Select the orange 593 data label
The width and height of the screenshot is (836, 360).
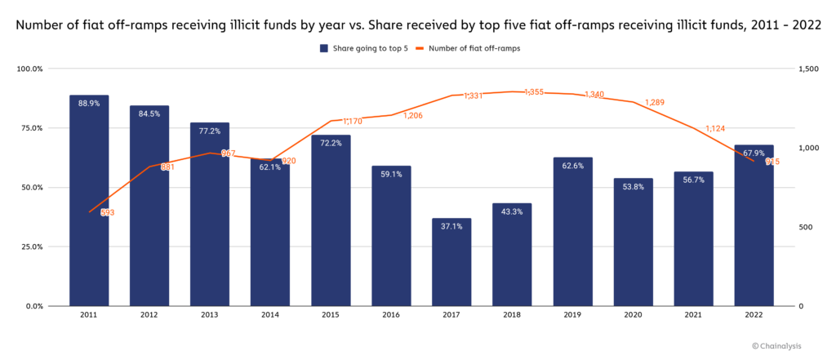coord(107,212)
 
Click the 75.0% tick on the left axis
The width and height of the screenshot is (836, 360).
coord(30,128)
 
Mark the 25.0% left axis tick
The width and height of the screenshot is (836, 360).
coord(30,247)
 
